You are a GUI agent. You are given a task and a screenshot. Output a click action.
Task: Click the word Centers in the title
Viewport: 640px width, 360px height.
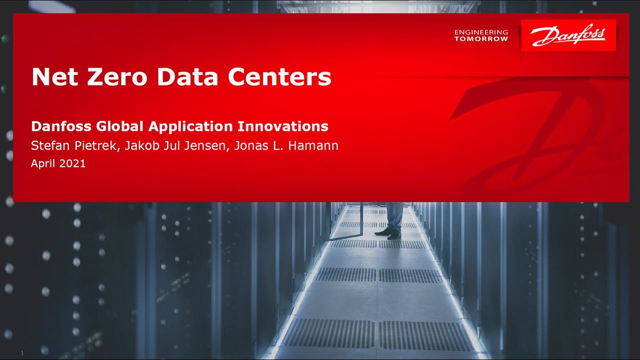(279, 77)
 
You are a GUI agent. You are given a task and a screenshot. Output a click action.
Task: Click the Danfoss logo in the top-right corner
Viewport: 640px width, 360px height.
(568, 35)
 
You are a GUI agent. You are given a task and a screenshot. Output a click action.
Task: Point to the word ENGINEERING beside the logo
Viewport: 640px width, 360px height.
(481, 32)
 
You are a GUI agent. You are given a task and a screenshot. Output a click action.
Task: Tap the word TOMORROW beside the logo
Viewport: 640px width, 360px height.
(481, 39)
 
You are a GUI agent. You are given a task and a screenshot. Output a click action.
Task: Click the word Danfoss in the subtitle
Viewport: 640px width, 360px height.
(61, 126)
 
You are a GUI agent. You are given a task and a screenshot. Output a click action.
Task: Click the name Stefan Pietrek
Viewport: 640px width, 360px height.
(72, 146)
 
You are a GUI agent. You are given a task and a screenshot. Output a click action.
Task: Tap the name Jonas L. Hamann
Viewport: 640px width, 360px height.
(286, 146)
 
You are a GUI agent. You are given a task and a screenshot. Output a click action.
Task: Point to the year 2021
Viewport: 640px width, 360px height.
(72, 163)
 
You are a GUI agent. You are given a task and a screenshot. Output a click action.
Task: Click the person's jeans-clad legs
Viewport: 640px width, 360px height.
(394, 215)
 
